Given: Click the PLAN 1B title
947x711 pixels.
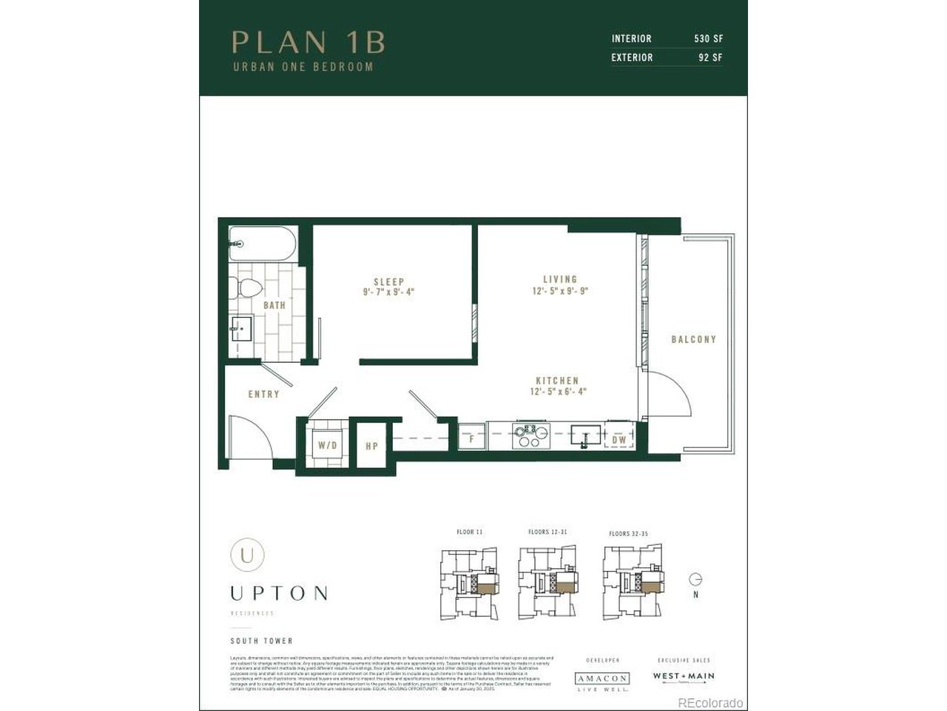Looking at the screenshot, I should pyautogui.click(x=309, y=42).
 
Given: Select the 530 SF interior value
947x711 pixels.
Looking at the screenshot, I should pyautogui.click(x=708, y=39).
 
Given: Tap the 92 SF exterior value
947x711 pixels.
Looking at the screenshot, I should pyautogui.click(x=710, y=58).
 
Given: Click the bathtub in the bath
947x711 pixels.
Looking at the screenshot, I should pyautogui.click(x=262, y=244).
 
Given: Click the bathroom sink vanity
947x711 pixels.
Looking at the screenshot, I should pyautogui.click(x=241, y=328).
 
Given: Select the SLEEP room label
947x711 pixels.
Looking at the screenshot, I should pyautogui.click(x=388, y=282).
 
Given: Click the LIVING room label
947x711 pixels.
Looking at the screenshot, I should pyautogui.click(x=560, y=279).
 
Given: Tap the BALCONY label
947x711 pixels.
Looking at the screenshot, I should pyautogui.click(x=693, y=339).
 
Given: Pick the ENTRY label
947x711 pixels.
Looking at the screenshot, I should pyautogui.click(x=263, y=394).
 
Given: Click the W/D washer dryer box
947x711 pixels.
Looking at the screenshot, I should pyautogui.click(x=327, y=445).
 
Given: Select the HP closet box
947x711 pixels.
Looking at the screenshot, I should pyautogui.click(x=371, y=445).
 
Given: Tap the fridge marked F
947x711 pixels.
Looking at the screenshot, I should pyautogui.click(x=471, y=437).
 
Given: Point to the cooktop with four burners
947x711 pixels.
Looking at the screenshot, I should pyautogui.click(x=530, y=435).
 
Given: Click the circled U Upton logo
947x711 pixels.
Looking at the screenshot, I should pyautogui.click(x=246, y=554).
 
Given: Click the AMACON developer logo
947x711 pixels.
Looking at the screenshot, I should pyautogui.click(x=602, y=678).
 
